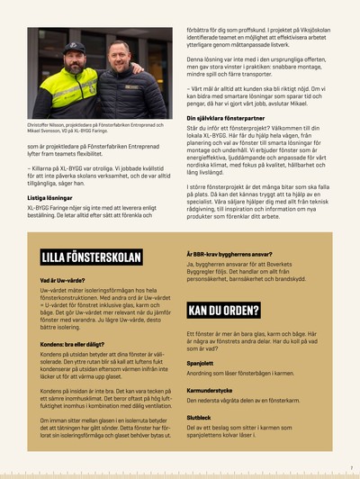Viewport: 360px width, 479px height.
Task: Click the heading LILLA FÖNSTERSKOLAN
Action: tap(91, 257)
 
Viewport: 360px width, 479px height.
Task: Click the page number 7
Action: tap(350, 468)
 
